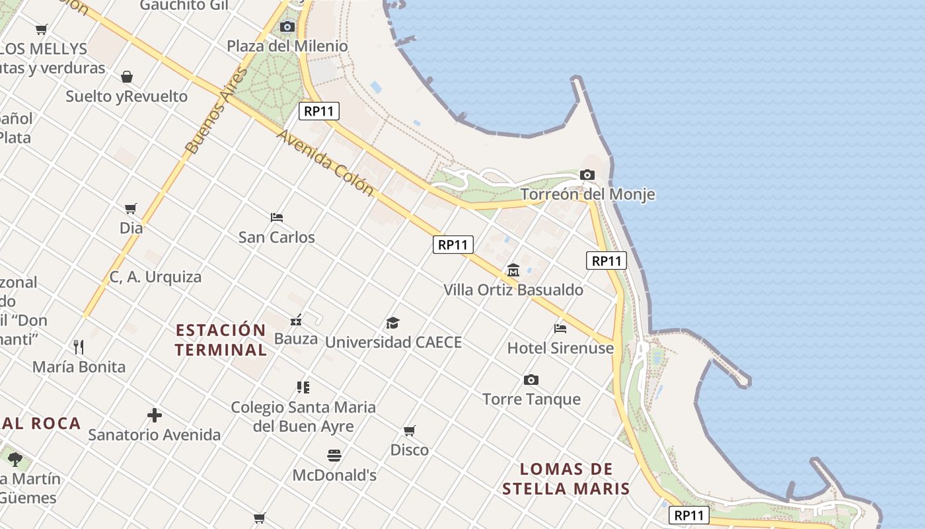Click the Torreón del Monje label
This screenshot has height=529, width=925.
coord(587,194)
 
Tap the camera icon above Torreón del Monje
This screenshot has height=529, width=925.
coord(587,175)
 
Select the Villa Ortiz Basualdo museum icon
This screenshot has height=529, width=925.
coord(513,270)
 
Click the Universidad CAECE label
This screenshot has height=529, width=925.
coord(393,343)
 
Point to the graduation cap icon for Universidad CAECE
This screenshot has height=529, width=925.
coord(393,323)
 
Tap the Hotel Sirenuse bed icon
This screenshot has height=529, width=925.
coord(560,328)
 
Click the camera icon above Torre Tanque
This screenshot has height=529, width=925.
coord(531,380)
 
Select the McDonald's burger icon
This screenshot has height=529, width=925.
coord(334,455)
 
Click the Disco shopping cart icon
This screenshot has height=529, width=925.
coord(410,430)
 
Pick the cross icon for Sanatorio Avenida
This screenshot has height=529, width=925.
coord(154,415)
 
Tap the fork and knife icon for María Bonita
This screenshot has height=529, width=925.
coord(79,346)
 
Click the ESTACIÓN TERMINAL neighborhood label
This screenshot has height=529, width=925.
coord(221,339)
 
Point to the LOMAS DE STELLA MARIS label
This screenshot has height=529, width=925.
coord(566,479)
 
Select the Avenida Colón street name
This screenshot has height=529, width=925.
coord(325,161)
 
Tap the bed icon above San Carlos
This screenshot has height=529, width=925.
coord(277,217)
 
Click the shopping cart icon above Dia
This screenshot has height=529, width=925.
coord(131,208)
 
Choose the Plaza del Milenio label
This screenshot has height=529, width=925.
coord(287,46)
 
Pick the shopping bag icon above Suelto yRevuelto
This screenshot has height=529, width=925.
coord(127,77)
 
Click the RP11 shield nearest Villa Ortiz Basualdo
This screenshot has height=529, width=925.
coord(453,245)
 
